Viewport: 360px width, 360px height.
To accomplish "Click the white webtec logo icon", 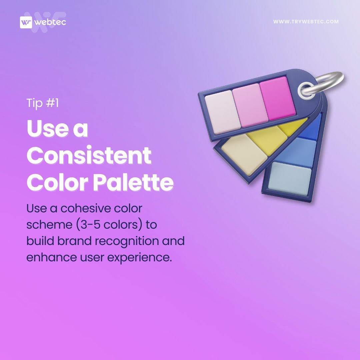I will [x=26, y=23].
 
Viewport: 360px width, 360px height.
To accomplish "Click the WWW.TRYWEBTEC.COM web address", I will [x=306, y=22].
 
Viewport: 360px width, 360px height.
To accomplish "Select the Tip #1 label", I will [x=43, y=103].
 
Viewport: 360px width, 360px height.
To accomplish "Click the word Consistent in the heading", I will [x=89, y=155].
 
